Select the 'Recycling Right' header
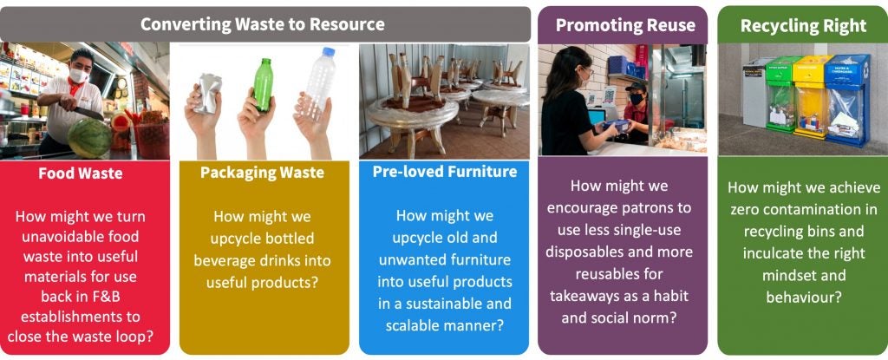(802, 25)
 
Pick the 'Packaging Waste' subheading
(262, 173)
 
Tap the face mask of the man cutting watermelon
(78, 76)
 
